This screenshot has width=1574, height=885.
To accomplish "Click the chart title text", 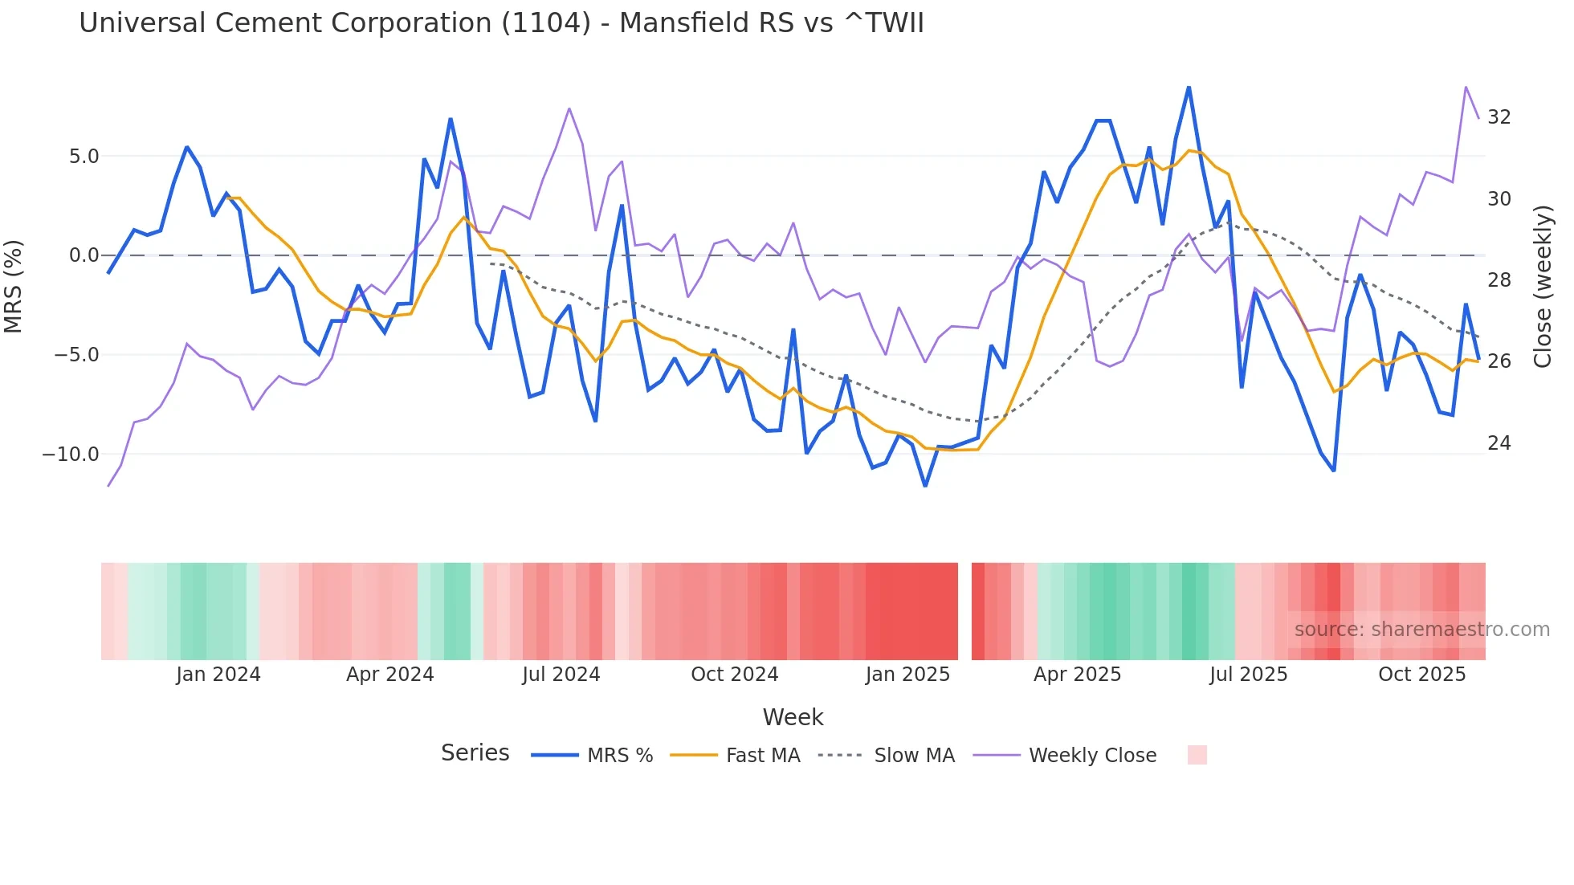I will pos(501,23).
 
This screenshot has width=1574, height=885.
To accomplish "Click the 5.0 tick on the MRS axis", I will pos(84,156).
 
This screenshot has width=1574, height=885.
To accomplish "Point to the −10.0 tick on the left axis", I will pos(71,455).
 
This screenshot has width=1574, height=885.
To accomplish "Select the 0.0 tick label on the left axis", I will pos(84,255).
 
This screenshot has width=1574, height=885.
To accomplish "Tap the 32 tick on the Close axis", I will pos(1499,117).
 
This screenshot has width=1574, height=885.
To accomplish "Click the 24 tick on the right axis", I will pos(1499,443).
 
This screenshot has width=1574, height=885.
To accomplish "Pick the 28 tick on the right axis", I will pos(1499,280).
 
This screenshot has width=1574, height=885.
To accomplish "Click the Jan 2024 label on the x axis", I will pos(218,675).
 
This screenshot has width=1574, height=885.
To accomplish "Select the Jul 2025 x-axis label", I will pos(1248,675).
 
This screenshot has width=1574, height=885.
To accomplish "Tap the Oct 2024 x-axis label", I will pos(734,675).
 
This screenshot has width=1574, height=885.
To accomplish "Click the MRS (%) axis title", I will pos(14,287).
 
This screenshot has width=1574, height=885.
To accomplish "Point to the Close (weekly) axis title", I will pos(1542,287).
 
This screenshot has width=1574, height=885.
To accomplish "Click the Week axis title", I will pos(793,717).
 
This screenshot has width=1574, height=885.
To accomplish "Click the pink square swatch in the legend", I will pos(1197,755).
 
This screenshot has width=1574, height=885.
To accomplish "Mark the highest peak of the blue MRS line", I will pos(1189,88).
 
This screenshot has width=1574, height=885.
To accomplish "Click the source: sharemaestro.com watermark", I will pos(1421,630).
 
